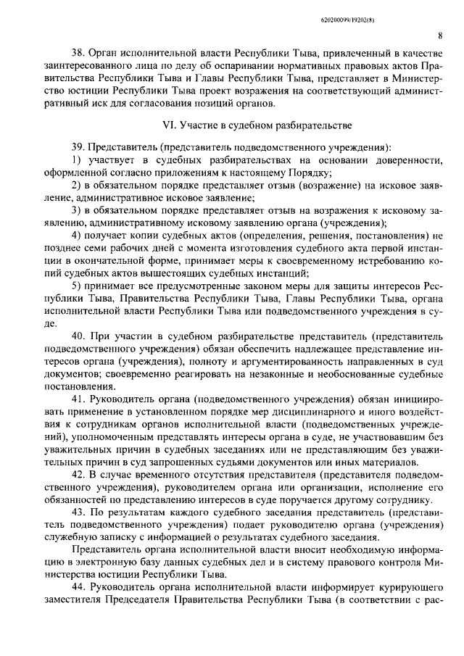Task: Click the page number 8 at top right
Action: (440, 34)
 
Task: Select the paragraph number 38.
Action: (78, 54)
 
